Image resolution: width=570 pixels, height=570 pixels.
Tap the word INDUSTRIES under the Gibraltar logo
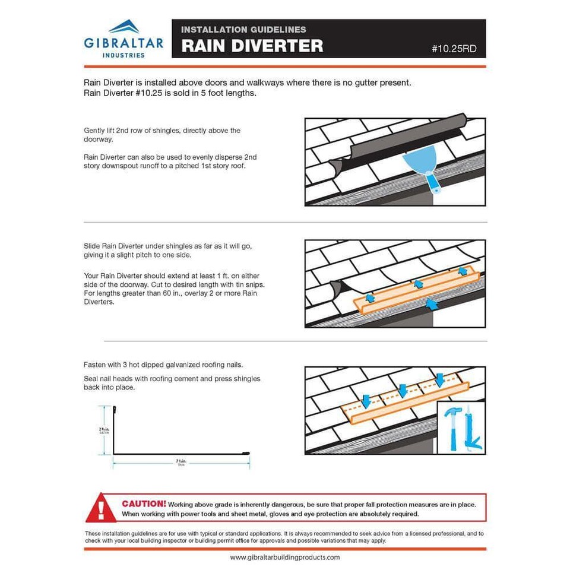tap(123, 55)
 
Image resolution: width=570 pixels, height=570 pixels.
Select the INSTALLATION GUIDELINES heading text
tap(243, 30)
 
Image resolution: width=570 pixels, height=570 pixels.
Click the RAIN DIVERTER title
tap(252, 46)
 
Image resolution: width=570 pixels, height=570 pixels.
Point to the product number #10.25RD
tap(454, 49)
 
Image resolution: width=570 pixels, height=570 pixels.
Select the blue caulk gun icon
tap(473, 430)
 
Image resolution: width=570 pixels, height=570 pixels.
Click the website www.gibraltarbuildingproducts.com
tap(285, 558)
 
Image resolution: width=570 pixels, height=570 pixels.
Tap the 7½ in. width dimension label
tap(180, 461)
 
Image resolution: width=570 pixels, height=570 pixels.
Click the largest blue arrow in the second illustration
tap(432, 305)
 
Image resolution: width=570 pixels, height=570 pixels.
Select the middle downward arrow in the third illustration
tap(403, 390)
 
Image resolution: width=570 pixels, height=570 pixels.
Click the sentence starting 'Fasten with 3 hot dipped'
tap(163, 365)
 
